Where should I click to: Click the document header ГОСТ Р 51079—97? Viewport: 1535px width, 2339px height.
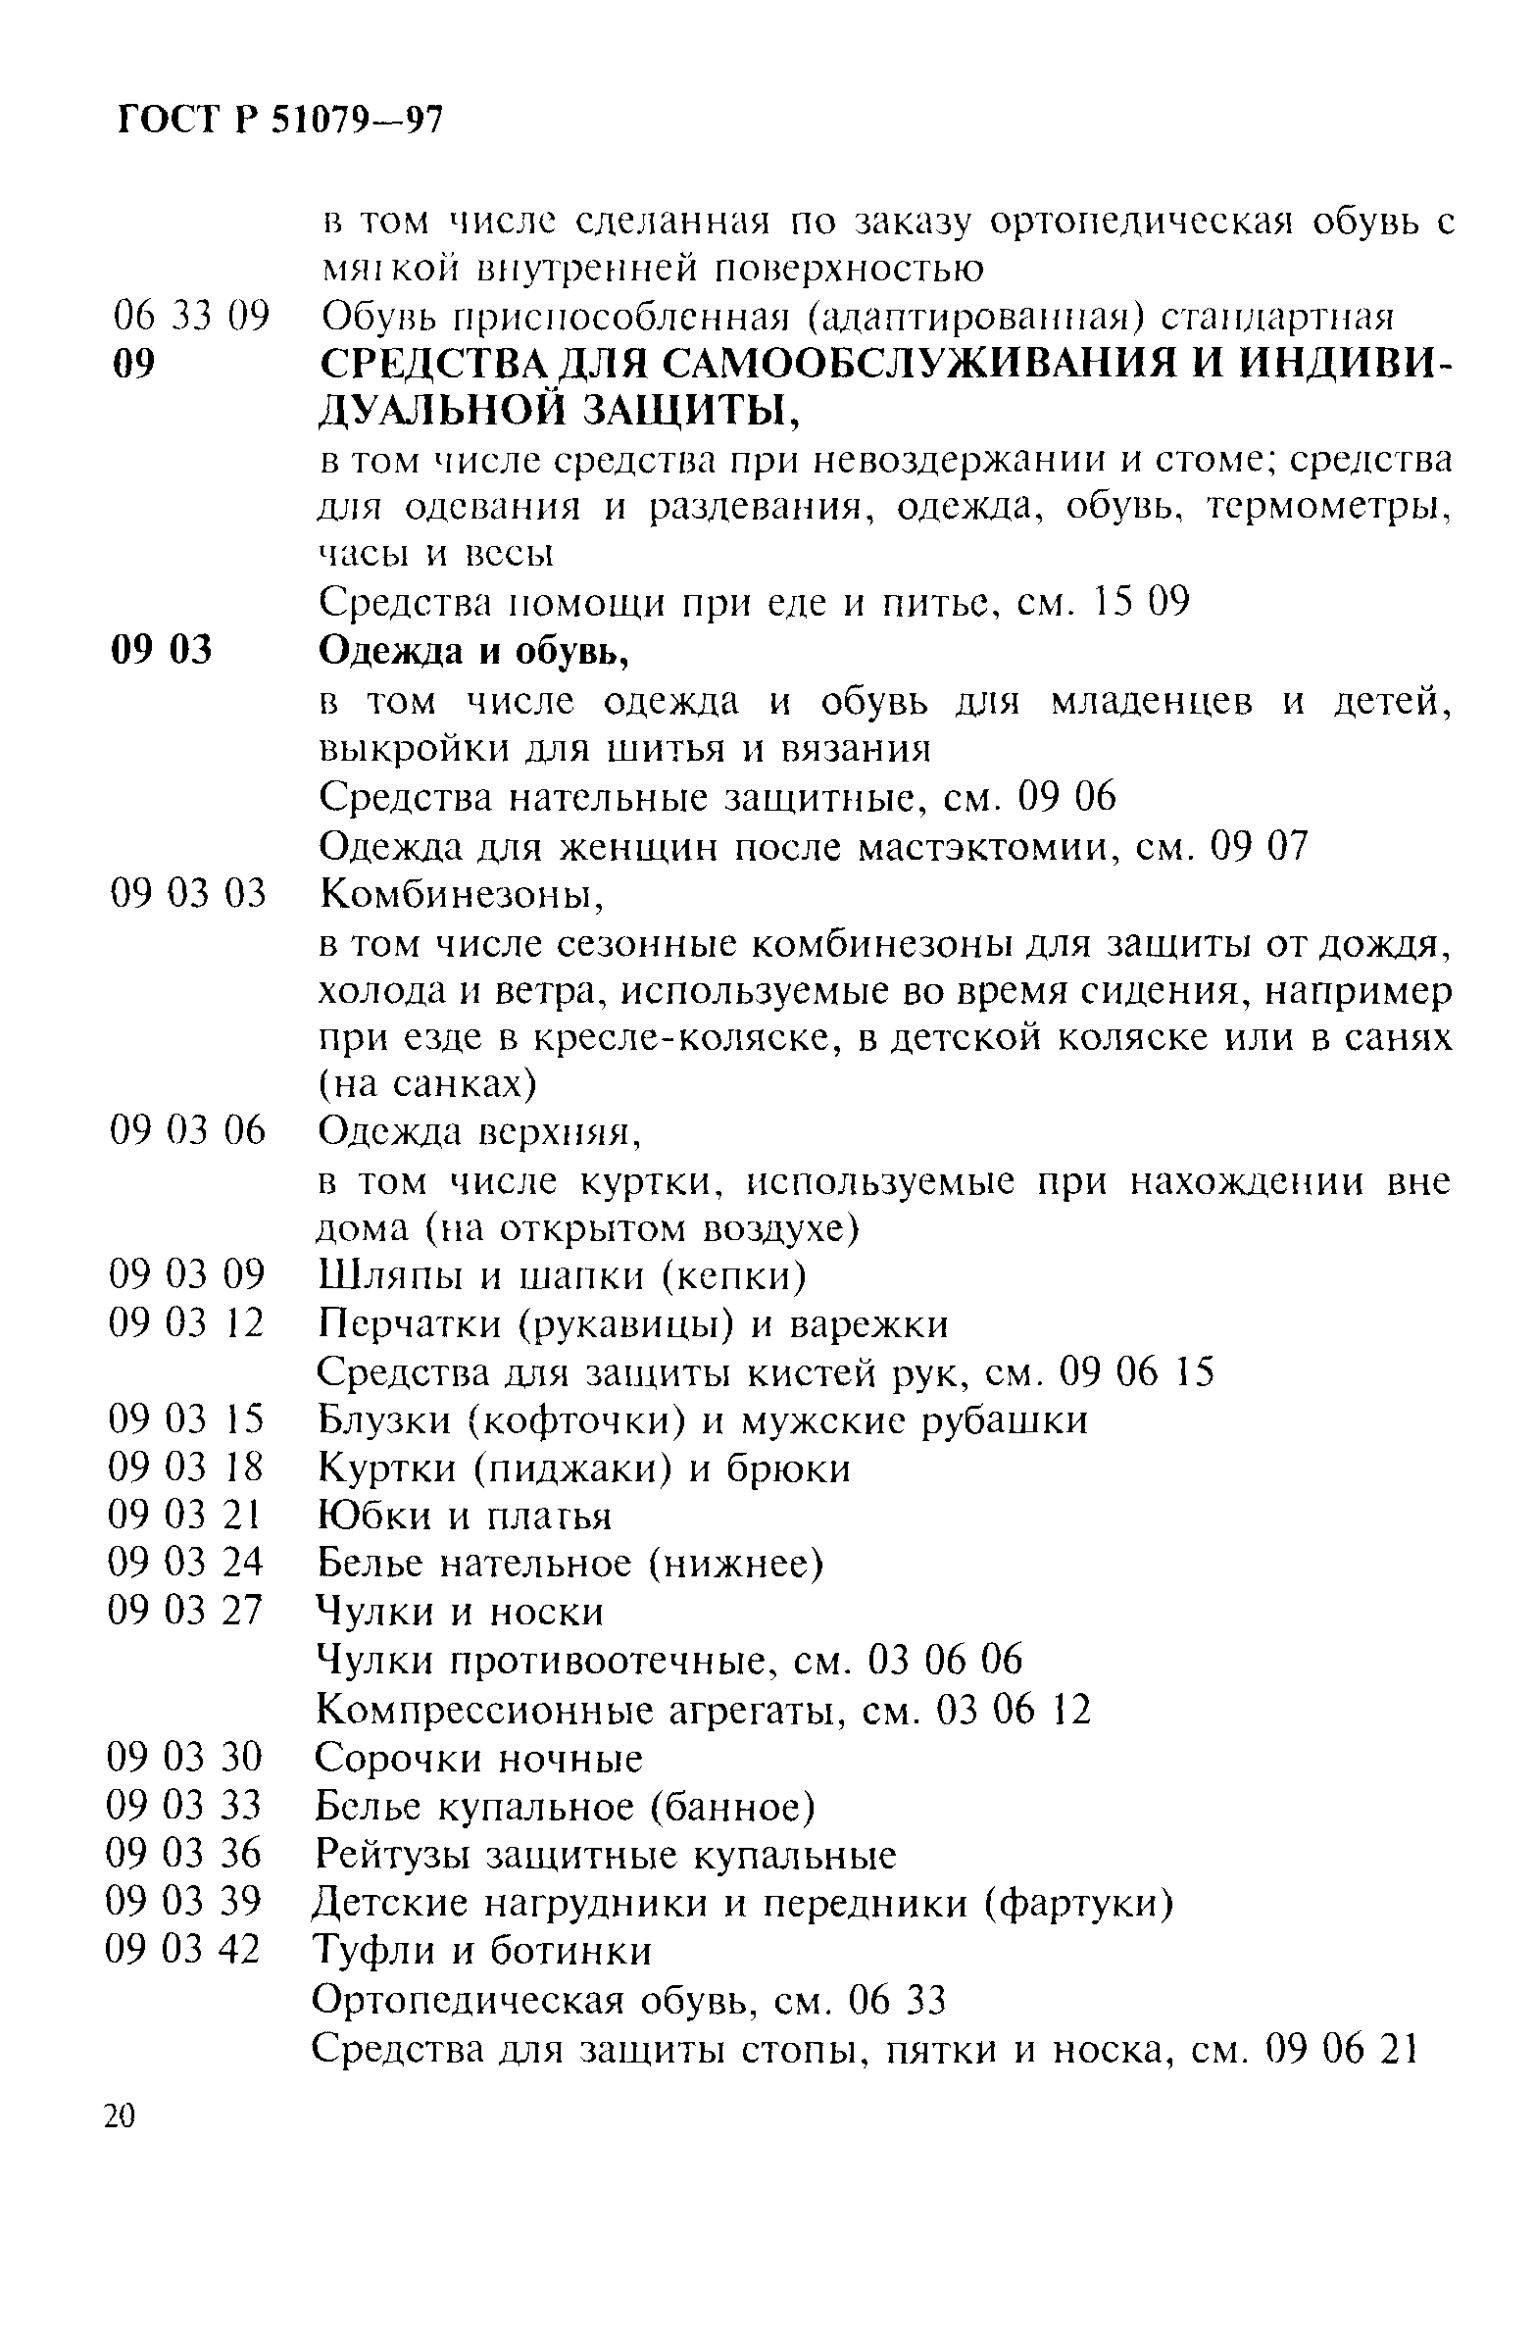click(x=281, y=122)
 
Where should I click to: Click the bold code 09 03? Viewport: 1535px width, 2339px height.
click(x=161, y=650)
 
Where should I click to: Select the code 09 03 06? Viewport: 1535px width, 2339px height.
click(x=187, y=1130)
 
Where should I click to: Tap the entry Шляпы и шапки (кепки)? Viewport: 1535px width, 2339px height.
click(x=563, y=1275)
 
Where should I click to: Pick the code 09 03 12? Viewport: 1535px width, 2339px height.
click(x=186, y=1322)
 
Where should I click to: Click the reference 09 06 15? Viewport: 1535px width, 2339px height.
click(x=1137, y=1371)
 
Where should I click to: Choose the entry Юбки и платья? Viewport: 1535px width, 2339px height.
click(x=464, y=1516)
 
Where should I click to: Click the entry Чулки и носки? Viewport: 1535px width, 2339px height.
click(x=459, y=1612)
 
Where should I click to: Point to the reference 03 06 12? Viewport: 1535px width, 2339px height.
click(x=1015, y=1711)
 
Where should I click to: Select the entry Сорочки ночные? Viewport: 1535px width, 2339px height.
click(x=478, y=1759)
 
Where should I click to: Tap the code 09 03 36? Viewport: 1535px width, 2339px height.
click(x=183, y=1854)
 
